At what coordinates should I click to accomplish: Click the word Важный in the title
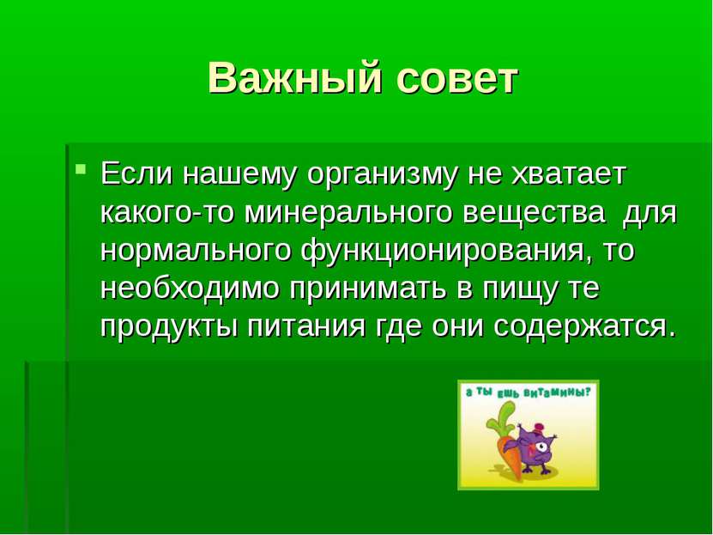click(x=294, y=77)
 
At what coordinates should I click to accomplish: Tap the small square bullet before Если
click(x=81, y=169)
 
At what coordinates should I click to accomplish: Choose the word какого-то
click(x=167, y=212)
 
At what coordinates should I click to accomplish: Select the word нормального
click(x=196, y=252)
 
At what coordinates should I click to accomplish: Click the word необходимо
click(x=189, y=288)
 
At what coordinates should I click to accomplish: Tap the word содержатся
click(x=586, y=327)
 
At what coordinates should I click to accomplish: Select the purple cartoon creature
click(x=536, y=448)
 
